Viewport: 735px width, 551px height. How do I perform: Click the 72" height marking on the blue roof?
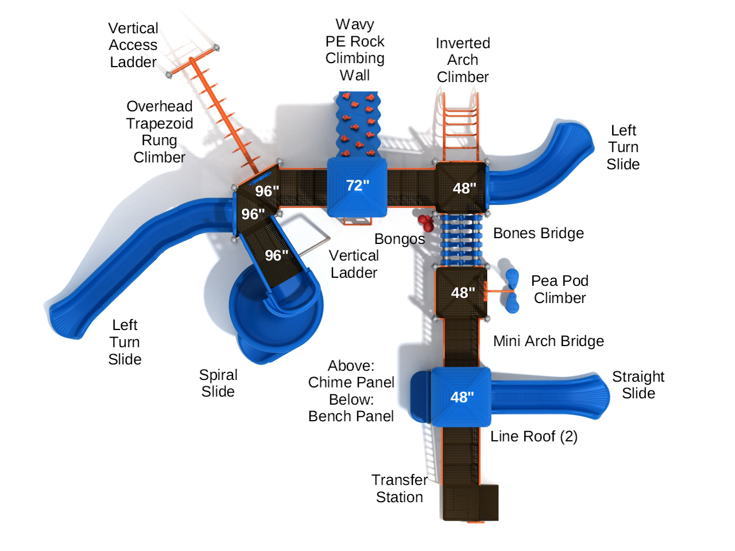357,185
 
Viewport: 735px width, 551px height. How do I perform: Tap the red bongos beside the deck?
425,221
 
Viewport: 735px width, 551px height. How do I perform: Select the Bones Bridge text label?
538,233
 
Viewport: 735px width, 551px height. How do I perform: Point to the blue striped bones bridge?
461,240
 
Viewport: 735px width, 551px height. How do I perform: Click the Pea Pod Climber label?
559,289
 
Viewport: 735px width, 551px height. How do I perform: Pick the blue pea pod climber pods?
512,290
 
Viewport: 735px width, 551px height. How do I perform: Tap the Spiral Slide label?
218,383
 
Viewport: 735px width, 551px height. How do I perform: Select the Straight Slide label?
638,385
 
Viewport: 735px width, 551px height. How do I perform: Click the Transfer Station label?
399,488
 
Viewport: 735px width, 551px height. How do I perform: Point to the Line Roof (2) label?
533,436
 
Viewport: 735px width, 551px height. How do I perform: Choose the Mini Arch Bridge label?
548,341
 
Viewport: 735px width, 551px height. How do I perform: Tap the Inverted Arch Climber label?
462,60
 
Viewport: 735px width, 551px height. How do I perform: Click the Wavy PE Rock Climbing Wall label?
355,49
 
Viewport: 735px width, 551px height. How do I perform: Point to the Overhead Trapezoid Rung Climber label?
159,131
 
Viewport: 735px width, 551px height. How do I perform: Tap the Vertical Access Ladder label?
133,45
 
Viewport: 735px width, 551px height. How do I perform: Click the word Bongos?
400,239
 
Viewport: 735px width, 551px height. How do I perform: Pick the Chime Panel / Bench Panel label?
351,391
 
